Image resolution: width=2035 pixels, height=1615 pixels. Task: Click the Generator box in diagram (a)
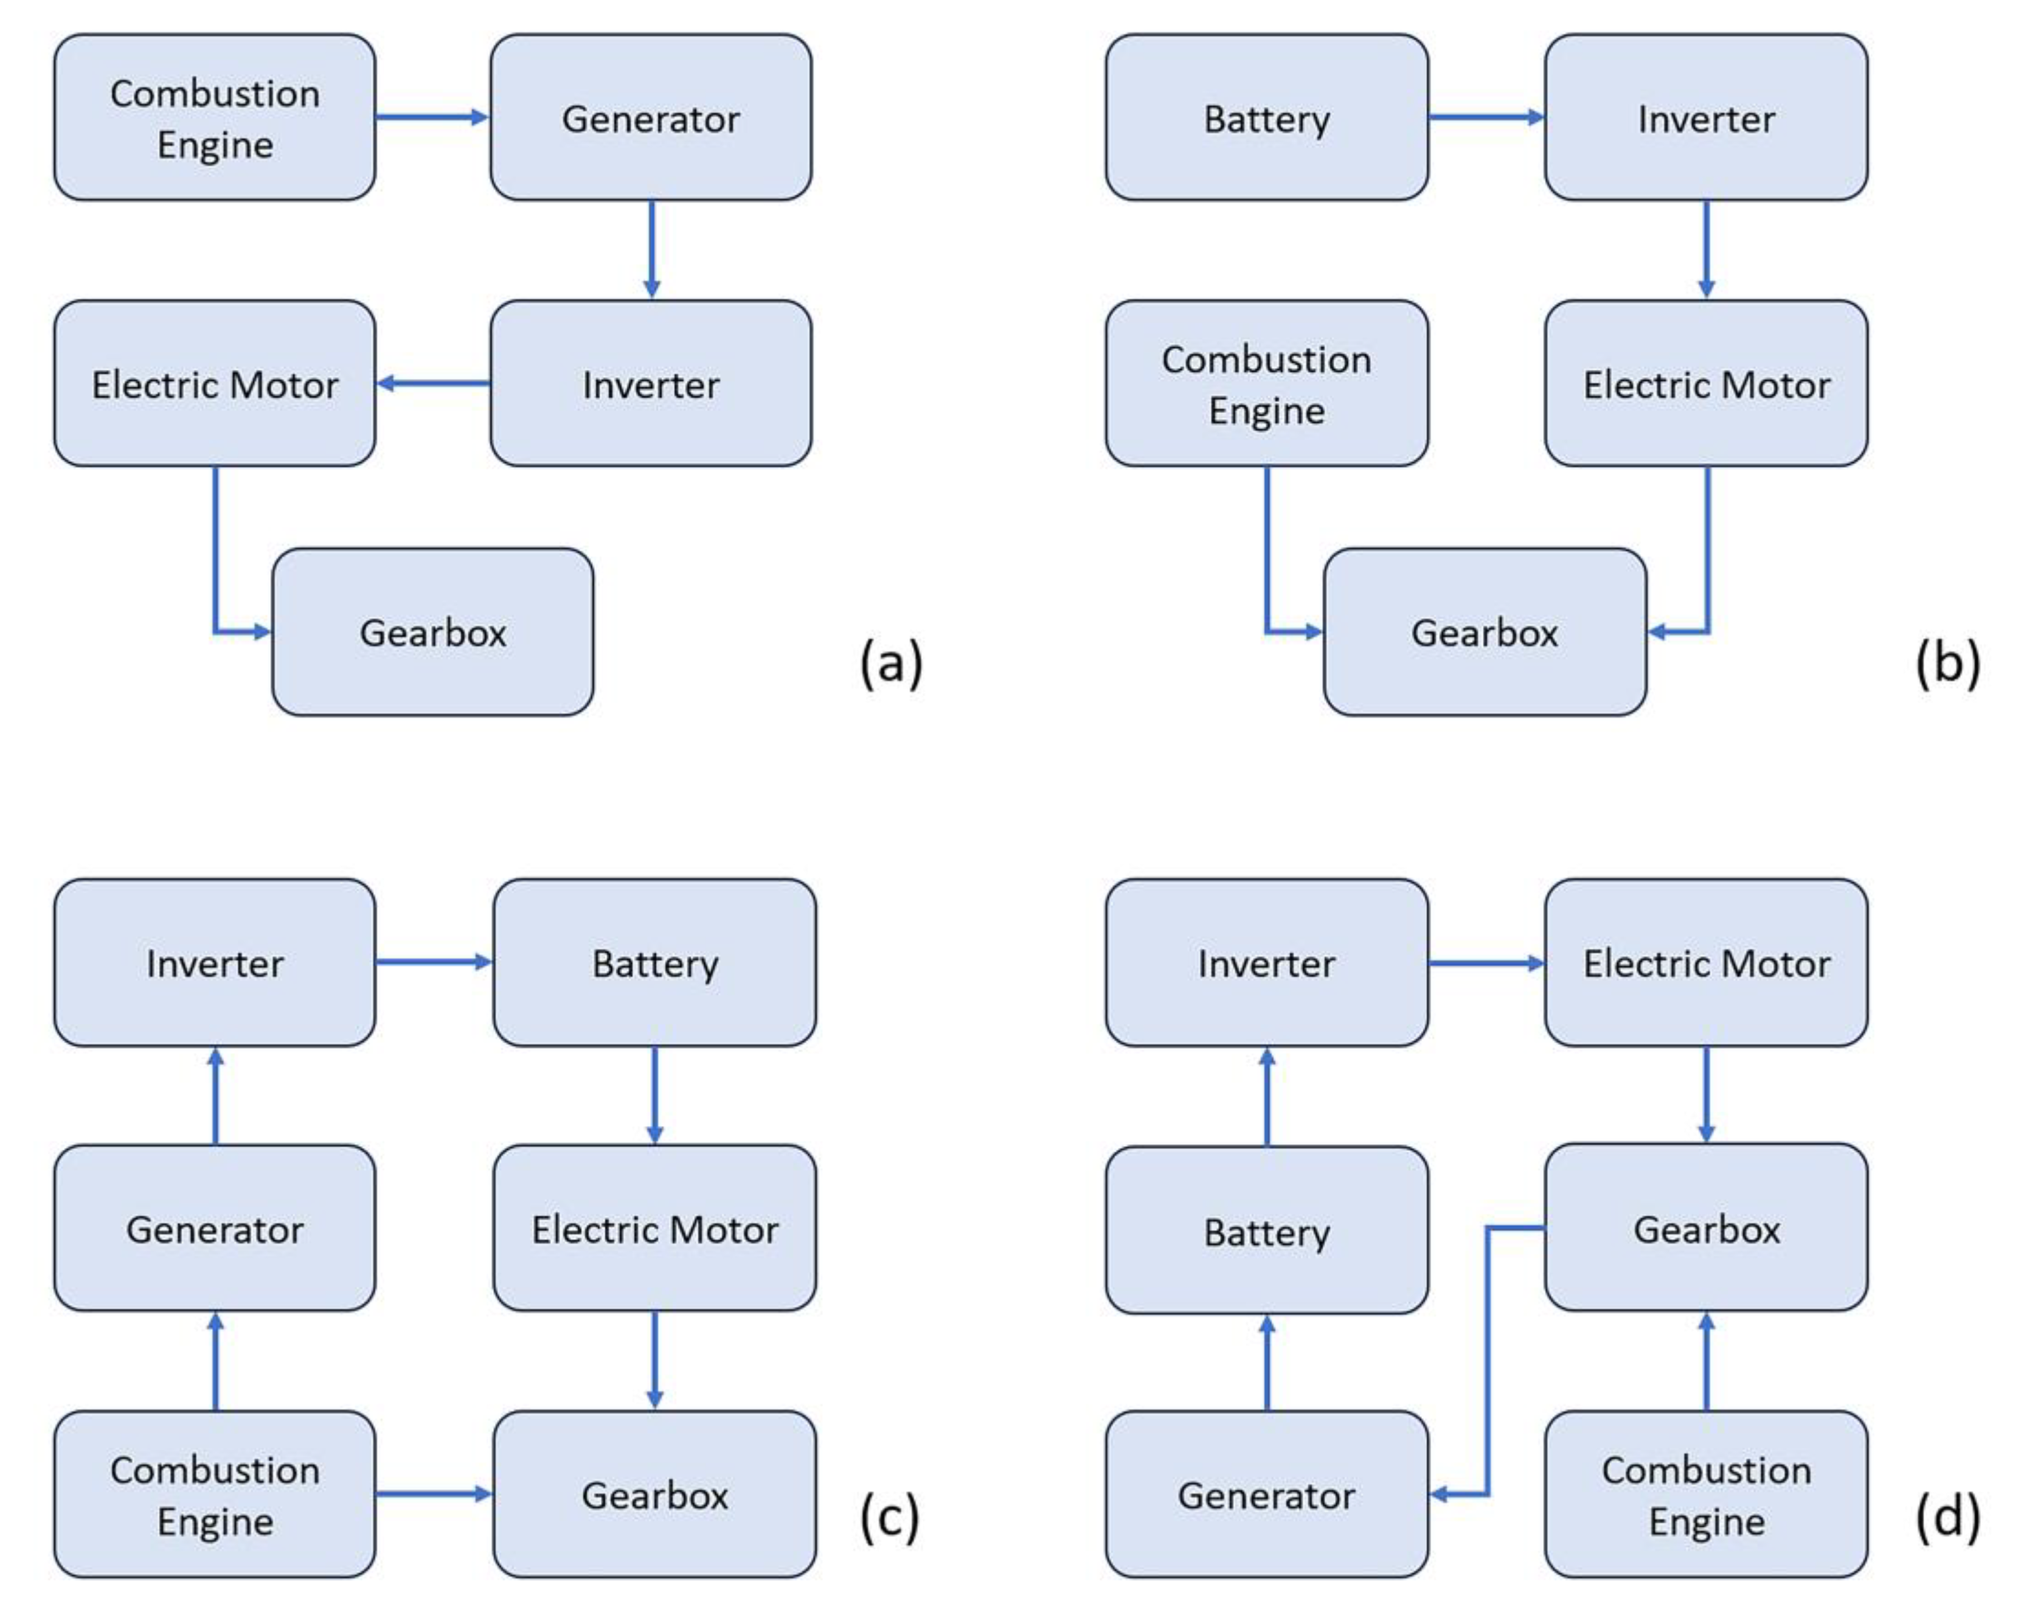(x=650, y=118)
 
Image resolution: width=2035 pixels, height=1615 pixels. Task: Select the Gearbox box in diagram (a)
(x=432, y=631)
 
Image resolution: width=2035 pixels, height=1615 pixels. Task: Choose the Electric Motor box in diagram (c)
(x=654, y=1228)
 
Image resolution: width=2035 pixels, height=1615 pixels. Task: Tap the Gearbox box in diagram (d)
(x=1705, y=1228)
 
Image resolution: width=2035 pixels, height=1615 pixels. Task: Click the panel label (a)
(x=890, y=662)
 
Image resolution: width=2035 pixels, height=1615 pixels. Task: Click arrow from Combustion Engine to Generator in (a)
(x=431, y=117)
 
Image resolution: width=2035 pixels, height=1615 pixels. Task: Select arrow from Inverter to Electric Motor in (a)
(x=432, y=383)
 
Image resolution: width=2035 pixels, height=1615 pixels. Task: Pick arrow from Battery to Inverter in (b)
(x=1486, y=117)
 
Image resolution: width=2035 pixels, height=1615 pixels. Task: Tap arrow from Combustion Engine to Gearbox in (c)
(x=433, y=1493)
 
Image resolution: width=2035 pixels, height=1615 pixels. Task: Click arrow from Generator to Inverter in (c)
(x=215, y=1095)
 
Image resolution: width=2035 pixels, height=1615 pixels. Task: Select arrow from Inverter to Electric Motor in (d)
(x=1486, y=963)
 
